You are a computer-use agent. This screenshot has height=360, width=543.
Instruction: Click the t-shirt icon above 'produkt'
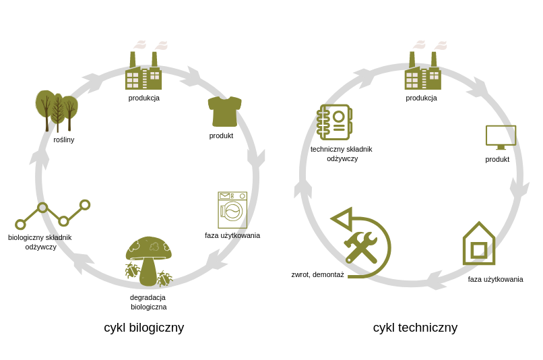pyautogui.click(x=224, y=111)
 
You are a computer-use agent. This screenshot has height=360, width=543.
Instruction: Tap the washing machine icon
pyautogui.click(x=232, y=210)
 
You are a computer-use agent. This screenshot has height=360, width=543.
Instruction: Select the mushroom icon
pyautogui.click(x=148, y=261)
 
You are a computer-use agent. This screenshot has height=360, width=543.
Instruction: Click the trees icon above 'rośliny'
pyautogui.click(x=57, y=111)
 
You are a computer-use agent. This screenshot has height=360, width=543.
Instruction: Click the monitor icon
pyautogui.click(x=501, y=137)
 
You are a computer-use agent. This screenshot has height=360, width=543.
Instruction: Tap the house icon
pyautogui.click(x=479, y=243)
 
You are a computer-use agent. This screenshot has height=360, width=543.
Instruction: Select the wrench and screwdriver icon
pyautogui.click(x=361, y=246)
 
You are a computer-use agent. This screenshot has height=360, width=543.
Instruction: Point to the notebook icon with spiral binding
pyautogui.click(x=335, y=122)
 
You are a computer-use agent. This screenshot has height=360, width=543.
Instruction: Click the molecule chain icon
pyautogui.click(x=53, y=214)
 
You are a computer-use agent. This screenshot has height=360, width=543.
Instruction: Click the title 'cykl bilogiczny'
pyautogui.click(x=143, y=328)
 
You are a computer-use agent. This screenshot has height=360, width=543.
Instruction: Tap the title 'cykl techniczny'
pyautogui.click(x=415, y=328)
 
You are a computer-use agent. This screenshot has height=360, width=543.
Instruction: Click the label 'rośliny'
pyautogui.click(x=64, y=140)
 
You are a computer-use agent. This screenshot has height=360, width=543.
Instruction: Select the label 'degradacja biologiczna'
pyautogui.click(x=148, y=302)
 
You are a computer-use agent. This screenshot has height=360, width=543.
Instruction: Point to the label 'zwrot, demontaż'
pyautogui.click(x=317, y=274)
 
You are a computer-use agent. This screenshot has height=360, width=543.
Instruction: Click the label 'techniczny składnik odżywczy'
pyautogui.click(x=342, y=154)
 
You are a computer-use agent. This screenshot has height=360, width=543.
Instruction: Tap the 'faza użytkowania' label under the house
pyautogui.click(x=495, y=279)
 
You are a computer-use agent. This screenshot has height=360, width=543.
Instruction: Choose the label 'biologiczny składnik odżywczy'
pyautogui.click(x=40, y=242)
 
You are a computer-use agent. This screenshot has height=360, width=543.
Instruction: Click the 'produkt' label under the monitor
pyautogui.click(x=497, y=159)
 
